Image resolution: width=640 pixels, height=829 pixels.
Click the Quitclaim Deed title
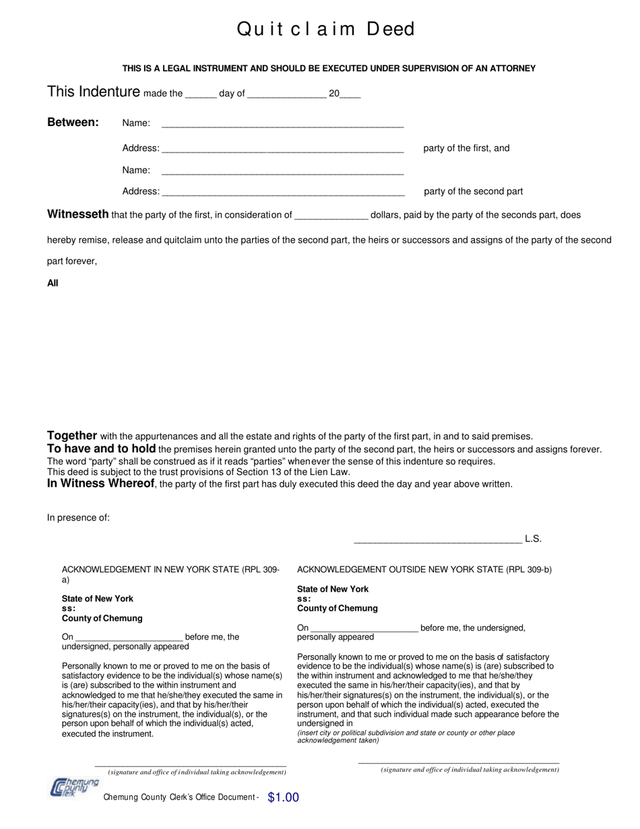(325, 29)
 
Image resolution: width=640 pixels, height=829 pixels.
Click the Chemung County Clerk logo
(74, 787)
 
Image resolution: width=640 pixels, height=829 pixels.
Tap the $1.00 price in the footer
(283, 797)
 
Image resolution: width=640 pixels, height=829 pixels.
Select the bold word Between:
(73, 122)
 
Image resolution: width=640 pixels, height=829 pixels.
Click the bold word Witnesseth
(77, 214)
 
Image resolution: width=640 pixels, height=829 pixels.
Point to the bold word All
(53, 283)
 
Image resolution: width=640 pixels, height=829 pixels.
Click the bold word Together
(72, 435)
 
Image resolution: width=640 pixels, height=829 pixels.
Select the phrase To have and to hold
(101, 448)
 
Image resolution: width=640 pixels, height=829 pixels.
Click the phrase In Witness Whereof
(100, 483)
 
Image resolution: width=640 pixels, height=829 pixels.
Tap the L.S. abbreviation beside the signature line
(533, 539)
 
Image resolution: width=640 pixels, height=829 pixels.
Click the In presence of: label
(78, 518)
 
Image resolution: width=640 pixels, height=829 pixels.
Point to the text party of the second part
(473, 191)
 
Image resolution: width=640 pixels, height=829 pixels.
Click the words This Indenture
(94, 92)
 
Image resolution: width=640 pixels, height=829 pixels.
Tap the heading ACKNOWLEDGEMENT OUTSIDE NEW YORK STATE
(424, 570)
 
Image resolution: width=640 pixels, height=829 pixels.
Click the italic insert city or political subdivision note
(406, 737)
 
